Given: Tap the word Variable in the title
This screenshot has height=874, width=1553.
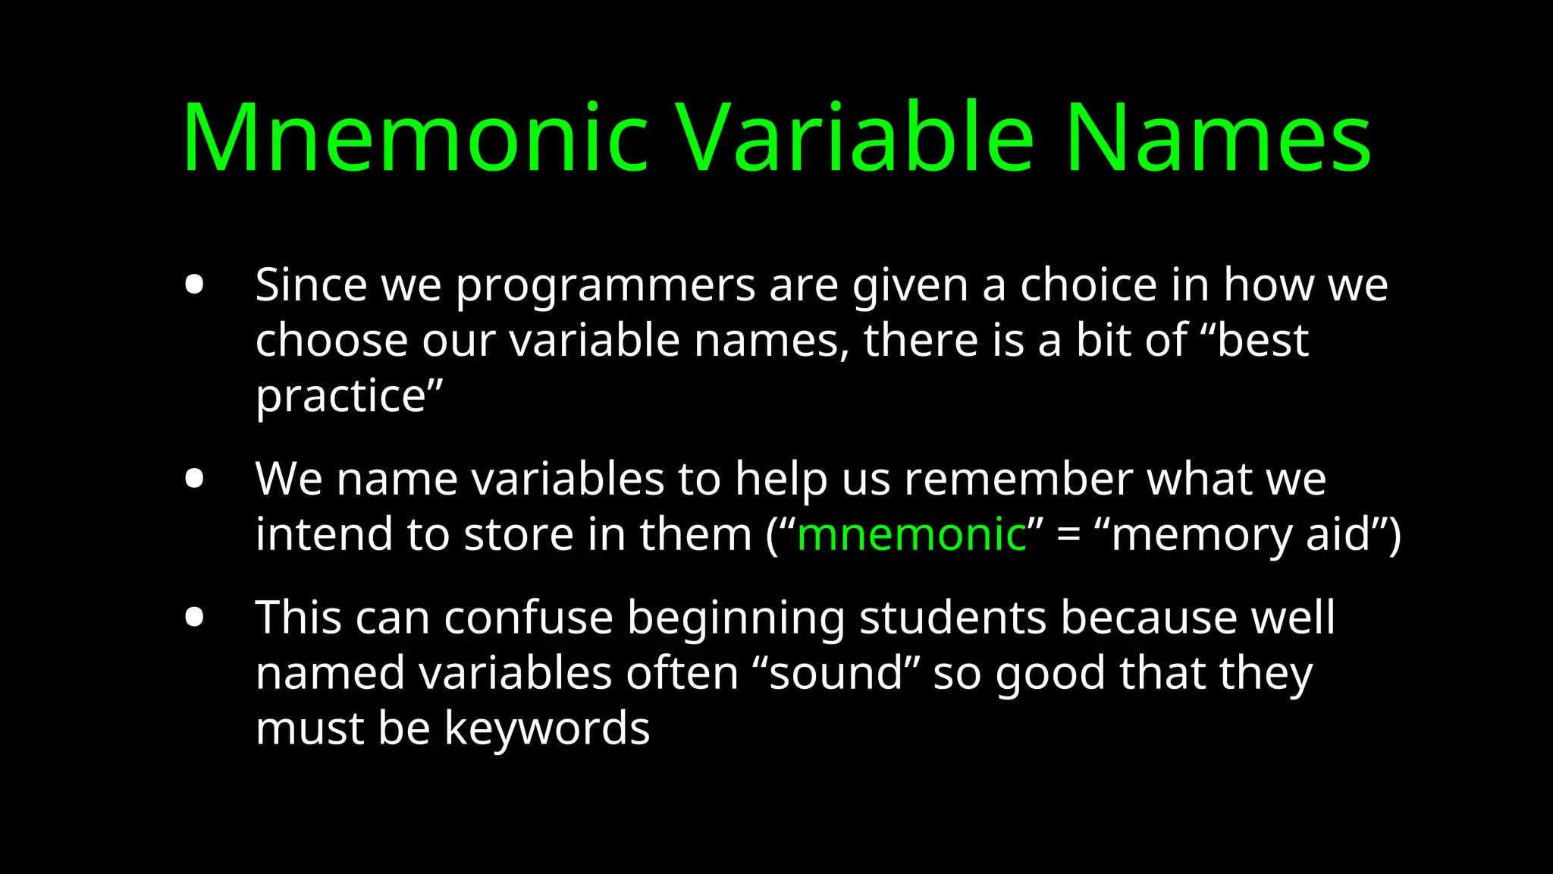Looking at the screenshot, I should click(x=855, y=139).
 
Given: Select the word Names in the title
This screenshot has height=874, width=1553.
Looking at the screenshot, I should click(x=1219, y=139).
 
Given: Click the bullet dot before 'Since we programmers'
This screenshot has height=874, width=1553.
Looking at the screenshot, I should click(x=194, y=285).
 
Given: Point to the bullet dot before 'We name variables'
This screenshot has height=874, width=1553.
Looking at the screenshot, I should click(x=194, y=479).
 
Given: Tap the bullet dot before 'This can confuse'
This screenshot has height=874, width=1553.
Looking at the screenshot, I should click(x=194, y=618).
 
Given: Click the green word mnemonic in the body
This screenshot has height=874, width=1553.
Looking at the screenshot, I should click(x=911, y=534).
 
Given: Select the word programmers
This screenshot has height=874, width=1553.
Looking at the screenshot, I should click(x=604, y=287).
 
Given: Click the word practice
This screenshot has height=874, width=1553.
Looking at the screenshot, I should click(x=342, y=397).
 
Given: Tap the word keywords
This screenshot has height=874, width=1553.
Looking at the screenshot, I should click(x=547, y=728).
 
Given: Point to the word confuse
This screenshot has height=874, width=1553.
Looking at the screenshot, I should click(x=528, y=618).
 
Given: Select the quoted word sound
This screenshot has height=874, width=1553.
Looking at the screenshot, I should click(x=836, y=674).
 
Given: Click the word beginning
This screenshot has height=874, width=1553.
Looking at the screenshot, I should click(x=736, y=619).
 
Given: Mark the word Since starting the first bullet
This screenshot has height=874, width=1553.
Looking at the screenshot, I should click(x=311, y=285).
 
